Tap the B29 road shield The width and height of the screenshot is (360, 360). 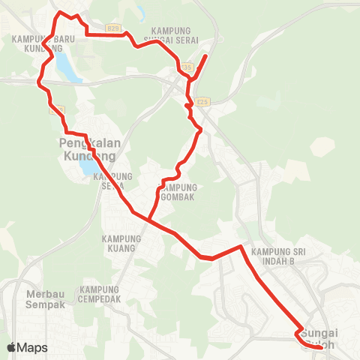(113, 28)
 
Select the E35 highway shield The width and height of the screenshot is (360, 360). (187, 67)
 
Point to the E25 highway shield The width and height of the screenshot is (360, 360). (201, 101)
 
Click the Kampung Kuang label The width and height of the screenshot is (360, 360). (119, 243)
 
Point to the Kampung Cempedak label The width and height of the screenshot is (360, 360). (100, 293)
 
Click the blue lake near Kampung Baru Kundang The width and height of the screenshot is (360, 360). (66, 64)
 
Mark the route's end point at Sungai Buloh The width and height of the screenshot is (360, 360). (321, 347)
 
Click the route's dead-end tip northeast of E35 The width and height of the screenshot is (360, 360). (206, 55)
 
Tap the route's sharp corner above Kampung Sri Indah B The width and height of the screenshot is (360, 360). (240, 246)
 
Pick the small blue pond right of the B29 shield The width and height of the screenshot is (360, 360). (139, 13)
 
